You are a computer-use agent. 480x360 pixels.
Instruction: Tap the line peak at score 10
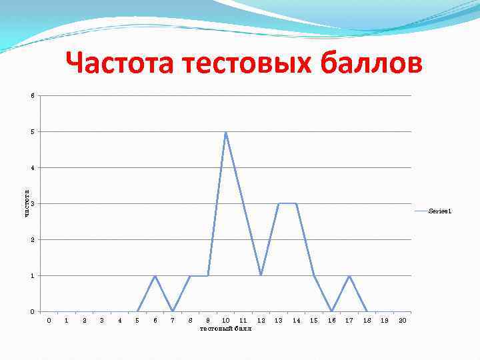pyautogui.click(x=226, y=132)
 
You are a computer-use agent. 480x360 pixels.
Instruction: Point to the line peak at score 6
pyautogui.click(x=155, y=275)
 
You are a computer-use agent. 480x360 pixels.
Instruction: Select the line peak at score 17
pyautogui.click(x=349, y=275)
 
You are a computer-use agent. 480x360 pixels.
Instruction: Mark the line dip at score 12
pyautogui.click(x=261, y=275)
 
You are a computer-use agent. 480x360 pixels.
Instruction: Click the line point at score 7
pyautogui.click(x=173, y=311)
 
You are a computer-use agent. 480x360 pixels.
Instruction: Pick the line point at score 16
pyautogui.click(x=332, y=311)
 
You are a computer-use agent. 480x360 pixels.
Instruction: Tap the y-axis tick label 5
pyautogui.click(x=31, y=131)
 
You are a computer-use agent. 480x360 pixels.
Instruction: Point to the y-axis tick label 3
pyautogui.click(x=31, y=203)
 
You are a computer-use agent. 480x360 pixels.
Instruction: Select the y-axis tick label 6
pyautogui.click(x=31, y=95)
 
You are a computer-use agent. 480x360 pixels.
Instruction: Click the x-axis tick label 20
pyautogui.click(x=402, y=321)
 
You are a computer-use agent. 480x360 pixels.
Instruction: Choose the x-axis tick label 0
pyautogui.click(x=49, y=321)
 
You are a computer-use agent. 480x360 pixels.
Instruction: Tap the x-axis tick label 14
pyautogui.click(x=296, y=321)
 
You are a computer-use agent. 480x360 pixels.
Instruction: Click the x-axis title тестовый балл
pyautogui.click(x=226, y=329)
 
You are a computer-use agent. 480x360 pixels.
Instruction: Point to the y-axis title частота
pyautogui.click(x=27, y=203)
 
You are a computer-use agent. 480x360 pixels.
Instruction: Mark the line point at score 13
pyautogui.click(x=279, y=203)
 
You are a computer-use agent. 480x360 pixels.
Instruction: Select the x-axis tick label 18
pyautogui.click(x=367, y=321)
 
